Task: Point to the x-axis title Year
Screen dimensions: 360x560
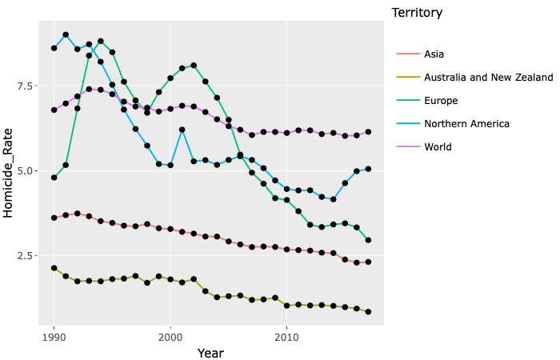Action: point(210,353)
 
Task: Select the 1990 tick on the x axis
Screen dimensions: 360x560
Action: point(54,338)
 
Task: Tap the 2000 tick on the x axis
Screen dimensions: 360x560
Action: point(170,338)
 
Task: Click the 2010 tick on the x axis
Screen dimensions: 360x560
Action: point(286,338)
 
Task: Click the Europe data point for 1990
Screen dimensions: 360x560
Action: point(54,178)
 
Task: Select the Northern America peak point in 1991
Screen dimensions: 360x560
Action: point(66,35)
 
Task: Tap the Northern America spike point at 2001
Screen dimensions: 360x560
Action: point(182,130)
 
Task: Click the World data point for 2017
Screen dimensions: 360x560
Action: point(368,132)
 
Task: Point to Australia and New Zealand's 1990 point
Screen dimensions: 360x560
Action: point(54,268)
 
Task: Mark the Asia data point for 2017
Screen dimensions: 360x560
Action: point(368,262)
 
